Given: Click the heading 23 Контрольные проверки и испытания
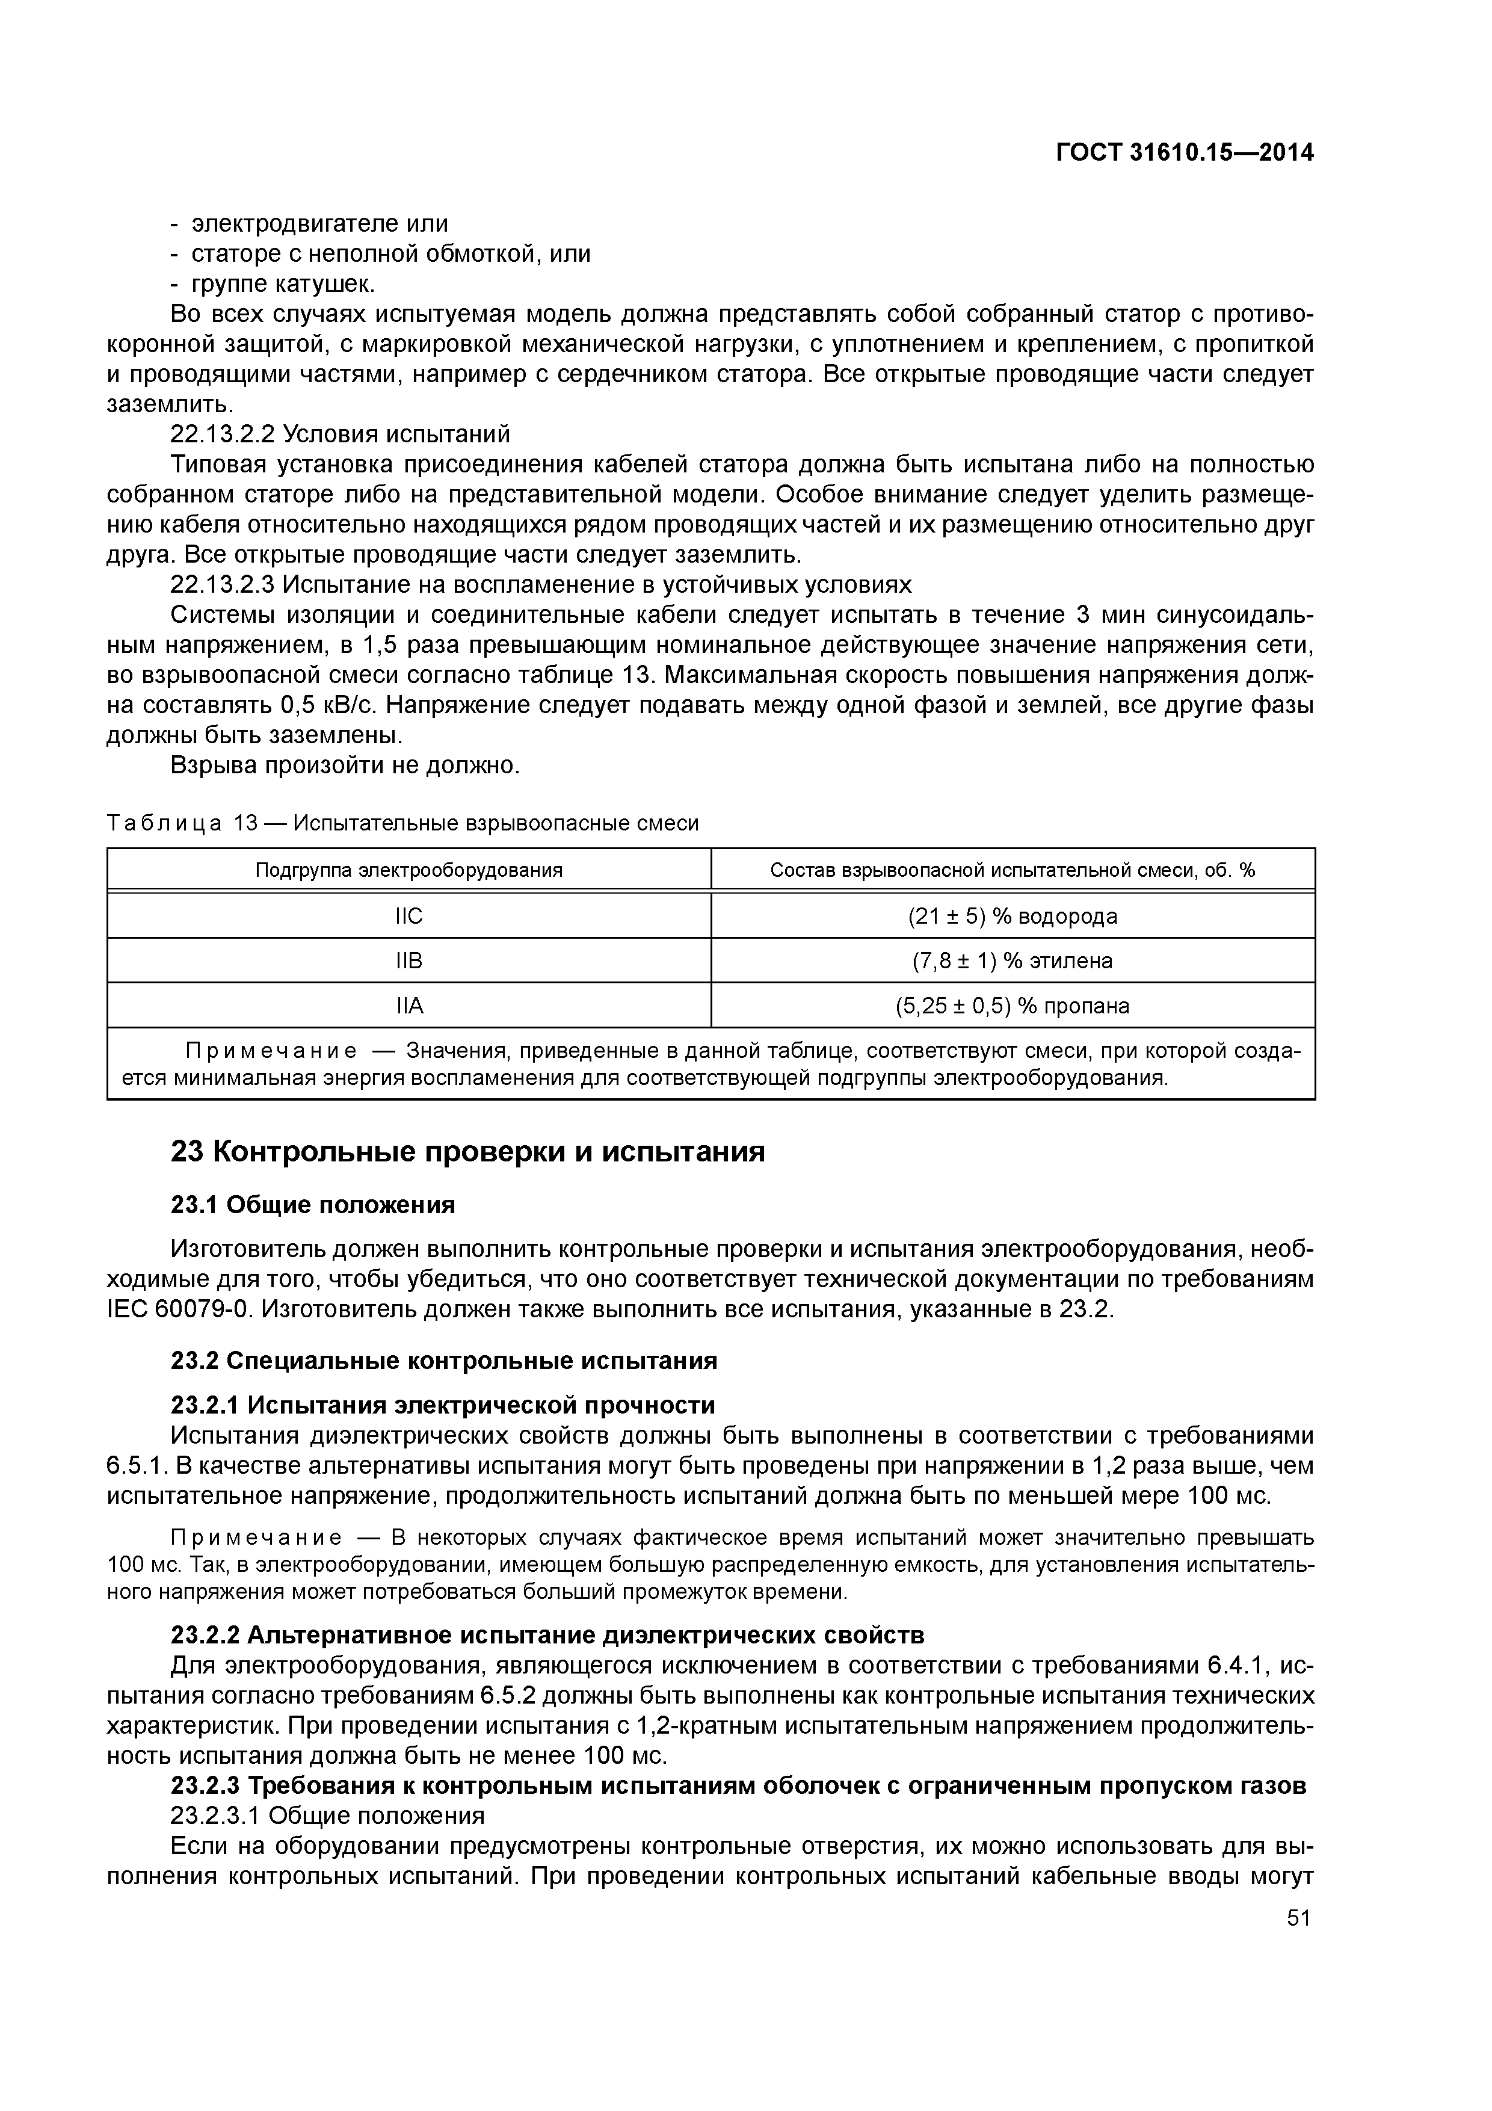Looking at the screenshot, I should pyautogui.click(x=468, y=1151).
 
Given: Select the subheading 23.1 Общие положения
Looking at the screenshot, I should pyautogui.click(x=313, y=1205).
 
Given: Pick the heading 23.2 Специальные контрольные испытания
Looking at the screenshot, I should pyautogui.click(x=444, y=1361).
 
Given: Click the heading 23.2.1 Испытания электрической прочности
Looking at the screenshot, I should pyautogui.click(x=443, y=1405).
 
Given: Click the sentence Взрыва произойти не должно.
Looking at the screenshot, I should pyautogui.click(x=346, y=765).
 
